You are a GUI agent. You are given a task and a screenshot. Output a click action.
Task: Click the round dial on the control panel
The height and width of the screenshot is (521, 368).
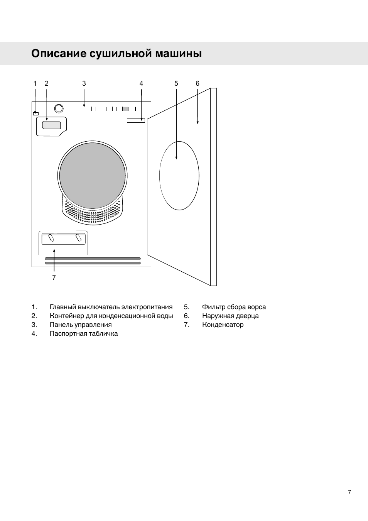[59, 108]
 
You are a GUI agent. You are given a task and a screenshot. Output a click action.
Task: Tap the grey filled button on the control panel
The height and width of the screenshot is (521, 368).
[125, 109]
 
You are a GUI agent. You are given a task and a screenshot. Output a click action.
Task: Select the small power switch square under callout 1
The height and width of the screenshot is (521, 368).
[36, 113]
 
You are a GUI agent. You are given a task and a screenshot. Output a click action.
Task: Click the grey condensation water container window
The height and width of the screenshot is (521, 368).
[52, 125]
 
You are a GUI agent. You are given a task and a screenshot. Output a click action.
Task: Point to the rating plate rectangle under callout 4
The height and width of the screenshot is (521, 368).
[136, 120]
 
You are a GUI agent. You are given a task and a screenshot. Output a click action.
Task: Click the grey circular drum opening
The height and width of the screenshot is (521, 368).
[93, 176]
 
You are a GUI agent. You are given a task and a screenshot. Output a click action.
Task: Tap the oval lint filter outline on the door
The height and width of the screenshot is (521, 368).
[179, 176]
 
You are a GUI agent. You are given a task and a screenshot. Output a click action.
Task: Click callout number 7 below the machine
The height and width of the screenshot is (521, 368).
[54, 278]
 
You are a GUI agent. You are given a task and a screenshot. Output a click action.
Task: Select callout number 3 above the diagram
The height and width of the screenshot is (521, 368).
[84, 83]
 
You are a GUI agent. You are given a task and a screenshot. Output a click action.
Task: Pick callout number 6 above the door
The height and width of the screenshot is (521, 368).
[198, 83]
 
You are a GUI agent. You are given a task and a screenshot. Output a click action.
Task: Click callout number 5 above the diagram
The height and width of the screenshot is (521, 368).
[176, 83]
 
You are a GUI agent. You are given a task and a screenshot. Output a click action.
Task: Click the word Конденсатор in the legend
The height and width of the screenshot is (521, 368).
[223, 325]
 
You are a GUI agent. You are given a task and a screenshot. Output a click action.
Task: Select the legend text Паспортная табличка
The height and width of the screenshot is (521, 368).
[84, 333]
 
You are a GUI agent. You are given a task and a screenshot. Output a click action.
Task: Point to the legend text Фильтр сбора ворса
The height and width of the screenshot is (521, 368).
[234, 307]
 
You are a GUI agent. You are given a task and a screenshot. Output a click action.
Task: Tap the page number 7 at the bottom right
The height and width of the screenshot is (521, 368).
[349, 492]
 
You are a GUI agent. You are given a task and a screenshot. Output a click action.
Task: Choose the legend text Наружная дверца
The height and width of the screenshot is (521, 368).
[230, 316]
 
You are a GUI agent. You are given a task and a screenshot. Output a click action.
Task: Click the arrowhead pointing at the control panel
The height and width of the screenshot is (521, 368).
[84, 105]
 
